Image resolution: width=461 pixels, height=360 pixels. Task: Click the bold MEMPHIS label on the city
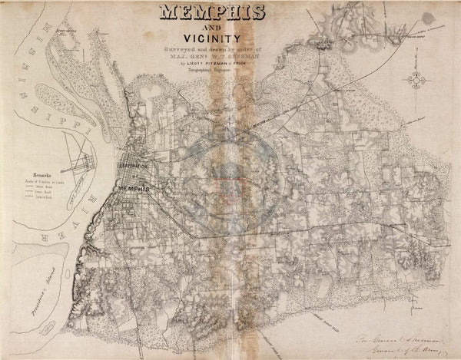(130, 188)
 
